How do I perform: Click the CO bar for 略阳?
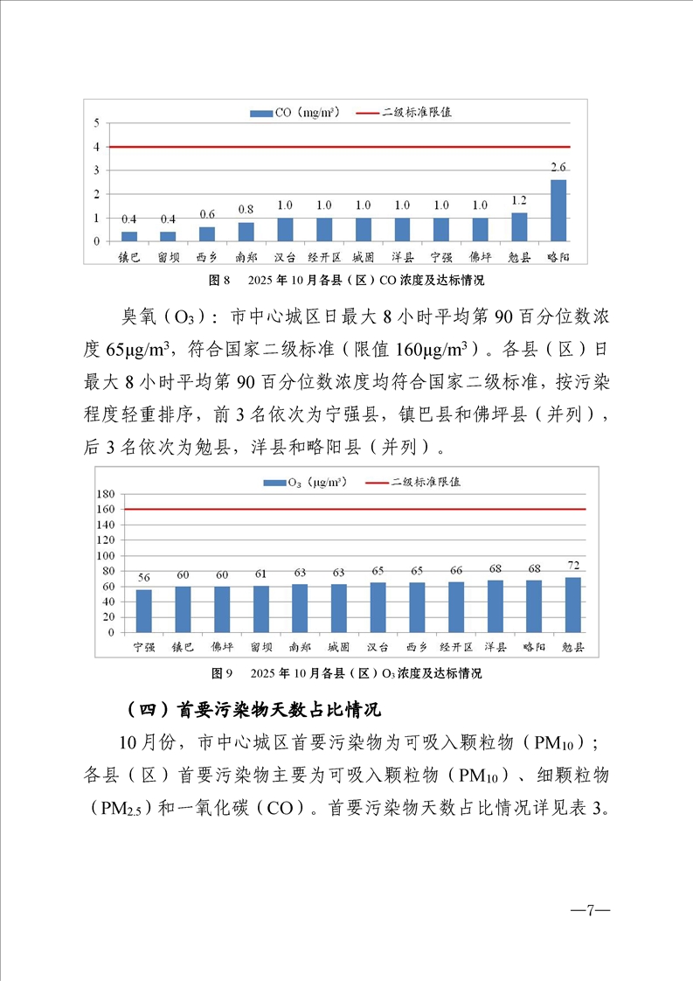pyautogui.click(x=558, y=210)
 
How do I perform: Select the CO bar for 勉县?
pyautogui.click(x=519, y=226)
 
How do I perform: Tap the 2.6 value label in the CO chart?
pyautogui.click(x=558, y=166)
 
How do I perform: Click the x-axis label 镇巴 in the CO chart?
pyautogui.click(x=129, y=258)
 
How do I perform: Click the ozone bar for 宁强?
pyautogui.click(x=143, y=610)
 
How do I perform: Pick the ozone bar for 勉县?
pyautogui.click(x=573, y=604)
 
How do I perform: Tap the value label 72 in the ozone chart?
pyautogui.click(x=573, y=565)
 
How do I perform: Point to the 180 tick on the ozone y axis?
pyautogui.click(x=107, y=494)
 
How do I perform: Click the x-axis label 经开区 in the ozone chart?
pyautogui.click(x=456, y=648)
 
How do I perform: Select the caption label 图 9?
pyautogui.click(x=220, y=674)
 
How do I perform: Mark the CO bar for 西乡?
pyautogui.click(x=207, y=233)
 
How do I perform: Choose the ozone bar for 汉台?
pyautogui.click(x=378, y=607)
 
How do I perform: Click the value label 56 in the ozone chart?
pyautogui.click(x=143, y=577)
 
